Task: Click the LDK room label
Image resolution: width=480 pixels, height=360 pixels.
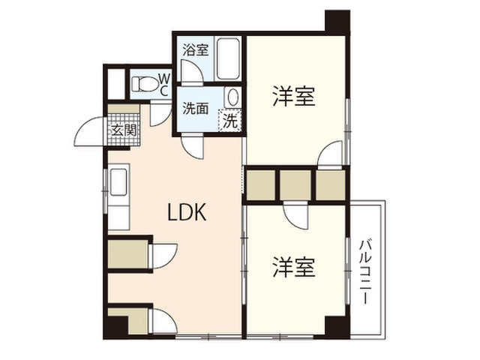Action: click(187, 212)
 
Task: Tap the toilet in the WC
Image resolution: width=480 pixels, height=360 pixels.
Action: click(145, 83)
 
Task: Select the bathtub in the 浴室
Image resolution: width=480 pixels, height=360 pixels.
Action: click(228, 58)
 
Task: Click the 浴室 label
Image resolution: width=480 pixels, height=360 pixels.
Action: click(196, 50)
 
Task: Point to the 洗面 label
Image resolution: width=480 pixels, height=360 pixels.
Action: click(196, 108)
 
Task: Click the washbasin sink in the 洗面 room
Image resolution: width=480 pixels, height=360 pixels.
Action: click(232, 97)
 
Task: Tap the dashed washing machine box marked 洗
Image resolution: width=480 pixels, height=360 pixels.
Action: click(230, 120)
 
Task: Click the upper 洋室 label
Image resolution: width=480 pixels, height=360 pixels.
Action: click(294, 97)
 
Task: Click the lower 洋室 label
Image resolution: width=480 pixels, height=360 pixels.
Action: click(294, 267)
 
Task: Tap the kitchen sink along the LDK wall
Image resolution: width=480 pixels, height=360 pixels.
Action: click(118, 181)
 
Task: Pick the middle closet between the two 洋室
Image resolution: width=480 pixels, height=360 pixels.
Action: click(295, 185)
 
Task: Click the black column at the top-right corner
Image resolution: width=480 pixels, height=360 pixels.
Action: click(337, 22)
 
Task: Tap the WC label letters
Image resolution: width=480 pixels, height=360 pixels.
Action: click(164, 84)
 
